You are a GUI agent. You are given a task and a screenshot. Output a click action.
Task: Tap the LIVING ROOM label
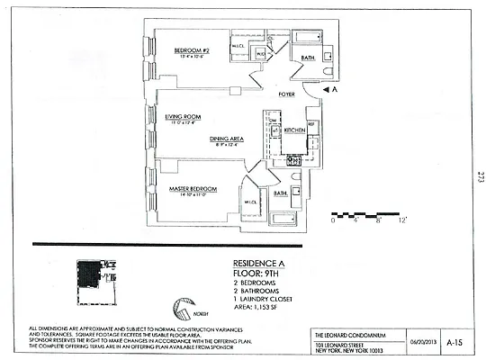tap(183, 116)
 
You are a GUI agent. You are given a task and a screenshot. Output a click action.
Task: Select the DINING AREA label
tap(227, 138)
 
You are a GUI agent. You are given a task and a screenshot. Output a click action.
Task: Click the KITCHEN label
tap(296, 131)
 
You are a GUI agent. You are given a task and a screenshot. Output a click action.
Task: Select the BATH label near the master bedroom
tap(280, 193)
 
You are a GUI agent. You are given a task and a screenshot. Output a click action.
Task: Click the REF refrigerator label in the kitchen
tap(311, 123)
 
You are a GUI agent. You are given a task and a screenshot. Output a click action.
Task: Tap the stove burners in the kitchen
tap(293, 160)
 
